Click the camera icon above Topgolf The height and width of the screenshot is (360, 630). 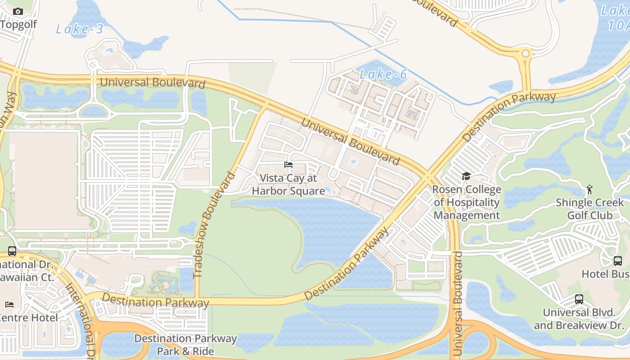click(18, 11)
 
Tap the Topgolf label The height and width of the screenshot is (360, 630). click(19, 24)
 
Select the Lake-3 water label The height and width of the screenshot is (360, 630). click(80, 29)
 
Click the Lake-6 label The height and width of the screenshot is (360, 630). click(384, 74)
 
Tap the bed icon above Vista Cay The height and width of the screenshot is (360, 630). click(288, 165)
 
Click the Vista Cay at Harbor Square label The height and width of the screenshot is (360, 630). click(288, 184)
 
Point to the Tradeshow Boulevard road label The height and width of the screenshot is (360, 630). click(215, 225)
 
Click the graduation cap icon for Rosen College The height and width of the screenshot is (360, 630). click(466, 176)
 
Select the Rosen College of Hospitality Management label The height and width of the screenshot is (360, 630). click(467, 202)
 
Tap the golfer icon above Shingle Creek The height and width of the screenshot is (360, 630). click(589, 189)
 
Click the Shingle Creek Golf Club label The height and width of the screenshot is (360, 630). click(589, 209)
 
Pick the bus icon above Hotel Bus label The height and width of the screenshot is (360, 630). click(618, 261)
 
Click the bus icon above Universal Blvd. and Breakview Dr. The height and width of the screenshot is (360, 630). click(579, 299)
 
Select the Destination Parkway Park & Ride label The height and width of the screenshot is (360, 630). click(185, 345)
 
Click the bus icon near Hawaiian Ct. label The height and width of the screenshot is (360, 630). click(12, 251)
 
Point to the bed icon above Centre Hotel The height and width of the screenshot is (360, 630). click(9, 305)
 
